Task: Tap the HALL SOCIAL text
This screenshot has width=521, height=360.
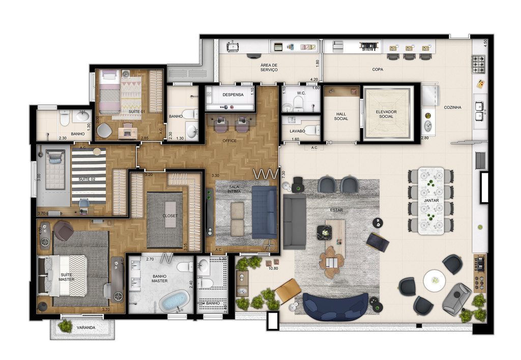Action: point(341,116)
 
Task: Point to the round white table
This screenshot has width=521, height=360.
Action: point(435,281)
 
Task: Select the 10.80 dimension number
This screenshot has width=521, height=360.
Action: point(274,268)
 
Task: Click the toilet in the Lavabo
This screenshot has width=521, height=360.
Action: point(310,130)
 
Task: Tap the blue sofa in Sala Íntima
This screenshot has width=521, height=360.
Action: point(263,212)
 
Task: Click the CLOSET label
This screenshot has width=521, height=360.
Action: point(170,216)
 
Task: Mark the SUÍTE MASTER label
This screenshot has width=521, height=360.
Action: point(67,276)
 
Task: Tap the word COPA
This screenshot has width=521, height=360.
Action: point(377,69)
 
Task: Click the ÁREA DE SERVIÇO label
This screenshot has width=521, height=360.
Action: point(269,67)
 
